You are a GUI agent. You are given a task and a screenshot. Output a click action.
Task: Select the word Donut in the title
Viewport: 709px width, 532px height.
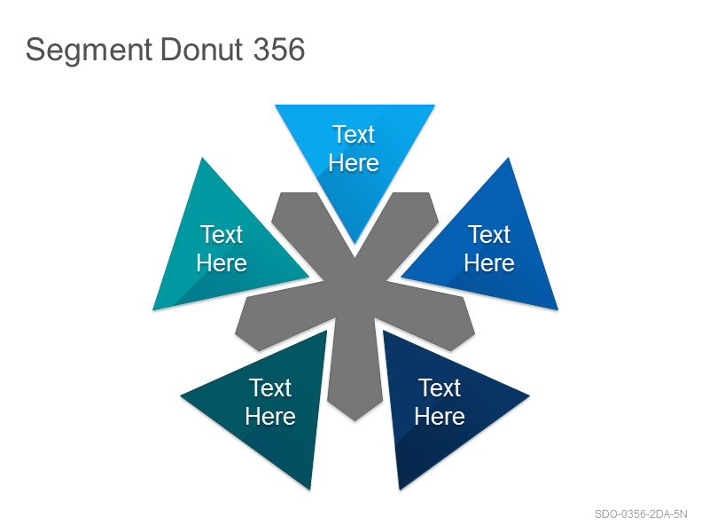tap(202, 49)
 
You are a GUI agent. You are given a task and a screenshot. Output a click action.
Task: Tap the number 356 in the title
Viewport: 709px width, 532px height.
tap(279, 49)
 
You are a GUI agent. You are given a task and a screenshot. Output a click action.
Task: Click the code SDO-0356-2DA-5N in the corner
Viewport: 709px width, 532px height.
tap(641, 514)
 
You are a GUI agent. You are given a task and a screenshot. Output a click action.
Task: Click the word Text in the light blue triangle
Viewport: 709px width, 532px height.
tap(354, 135)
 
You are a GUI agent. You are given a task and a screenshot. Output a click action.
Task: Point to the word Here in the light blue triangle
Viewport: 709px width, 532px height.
tap(354, 163)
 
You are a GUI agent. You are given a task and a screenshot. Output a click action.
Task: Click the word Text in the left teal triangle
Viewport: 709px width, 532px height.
tap(222, 234)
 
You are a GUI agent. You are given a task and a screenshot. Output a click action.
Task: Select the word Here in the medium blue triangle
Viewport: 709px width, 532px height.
tap(489, 262)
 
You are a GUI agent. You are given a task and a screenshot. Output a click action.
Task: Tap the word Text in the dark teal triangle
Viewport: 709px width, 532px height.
tap(270, 387)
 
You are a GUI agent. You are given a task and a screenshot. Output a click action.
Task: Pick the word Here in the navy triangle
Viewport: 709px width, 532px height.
tap(440, 416)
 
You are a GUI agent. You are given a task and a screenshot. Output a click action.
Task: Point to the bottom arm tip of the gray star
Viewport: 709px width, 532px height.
tap(355, 420)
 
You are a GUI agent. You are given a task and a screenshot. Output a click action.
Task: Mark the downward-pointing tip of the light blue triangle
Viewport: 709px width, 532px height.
tap(355, 243)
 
